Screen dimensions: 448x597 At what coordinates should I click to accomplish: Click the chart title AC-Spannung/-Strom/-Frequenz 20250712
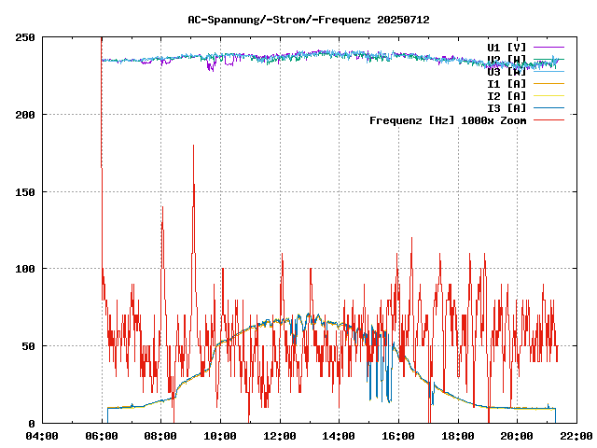point(296,19)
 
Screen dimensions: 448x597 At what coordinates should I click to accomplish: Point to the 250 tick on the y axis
point(26,37)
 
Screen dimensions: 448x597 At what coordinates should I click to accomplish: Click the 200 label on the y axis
point(26,115)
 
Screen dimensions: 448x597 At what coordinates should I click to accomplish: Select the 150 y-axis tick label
point(26,192)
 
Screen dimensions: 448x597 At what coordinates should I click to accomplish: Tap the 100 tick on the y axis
point(26,269)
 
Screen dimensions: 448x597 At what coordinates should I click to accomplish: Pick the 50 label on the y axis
point(29,346)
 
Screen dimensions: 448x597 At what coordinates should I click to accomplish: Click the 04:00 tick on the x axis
point(42,436)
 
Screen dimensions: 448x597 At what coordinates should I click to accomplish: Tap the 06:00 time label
point(102,436)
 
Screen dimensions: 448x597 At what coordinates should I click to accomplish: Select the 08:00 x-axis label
point(160,436)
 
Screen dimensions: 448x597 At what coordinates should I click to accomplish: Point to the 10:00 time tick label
point(220,436)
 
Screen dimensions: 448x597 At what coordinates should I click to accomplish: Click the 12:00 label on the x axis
point(280,436)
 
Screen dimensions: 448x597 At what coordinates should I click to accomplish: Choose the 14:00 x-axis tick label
point(340,436)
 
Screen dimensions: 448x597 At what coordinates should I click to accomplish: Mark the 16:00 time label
point(398,436)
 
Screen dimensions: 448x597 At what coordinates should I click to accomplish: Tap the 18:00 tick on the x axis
point(458,436)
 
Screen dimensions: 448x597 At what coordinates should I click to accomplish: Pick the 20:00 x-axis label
point(518,436)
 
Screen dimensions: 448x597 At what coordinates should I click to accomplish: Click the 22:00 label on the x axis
point(576,436)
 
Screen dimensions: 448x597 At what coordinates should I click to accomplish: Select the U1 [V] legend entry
point(507,47)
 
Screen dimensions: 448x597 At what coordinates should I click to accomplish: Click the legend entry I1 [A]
point(507,83)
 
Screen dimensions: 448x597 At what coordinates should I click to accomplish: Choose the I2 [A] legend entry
point(507,95)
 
